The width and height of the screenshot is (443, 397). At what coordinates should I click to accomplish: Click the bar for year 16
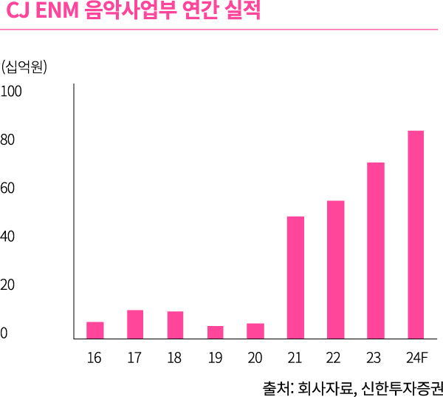pos(95,330)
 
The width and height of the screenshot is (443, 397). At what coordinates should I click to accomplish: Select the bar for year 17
pos(134,324)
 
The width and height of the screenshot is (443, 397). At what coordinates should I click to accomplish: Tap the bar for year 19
pos(215,332)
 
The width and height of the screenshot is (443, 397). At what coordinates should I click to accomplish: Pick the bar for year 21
pos(295,277)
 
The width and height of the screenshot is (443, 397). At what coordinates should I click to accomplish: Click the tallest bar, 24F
pos(416,234)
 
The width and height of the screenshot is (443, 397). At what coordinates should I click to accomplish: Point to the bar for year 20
pos(255,330)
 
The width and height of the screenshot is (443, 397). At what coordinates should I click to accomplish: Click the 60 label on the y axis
pos(9,189)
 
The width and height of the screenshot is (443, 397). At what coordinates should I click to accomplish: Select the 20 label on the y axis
pos(9,285)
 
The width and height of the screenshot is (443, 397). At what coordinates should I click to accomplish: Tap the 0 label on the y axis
pos(4,333)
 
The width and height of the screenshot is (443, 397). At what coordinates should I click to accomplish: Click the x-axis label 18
pos(174,359)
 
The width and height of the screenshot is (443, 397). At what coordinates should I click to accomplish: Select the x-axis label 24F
pos(416,359)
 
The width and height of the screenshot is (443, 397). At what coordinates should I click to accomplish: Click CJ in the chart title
pos(16,13)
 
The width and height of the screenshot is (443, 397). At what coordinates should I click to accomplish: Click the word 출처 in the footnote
pos(276,386)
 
